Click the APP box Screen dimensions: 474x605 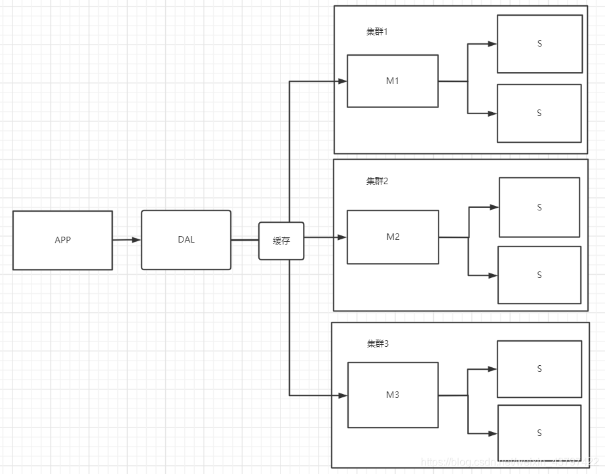coord(62,240)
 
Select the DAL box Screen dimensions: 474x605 coord(186,239)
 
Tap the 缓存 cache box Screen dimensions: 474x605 coord(281,241)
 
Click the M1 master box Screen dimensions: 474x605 coord(393,81)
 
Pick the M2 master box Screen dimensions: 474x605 coord(393,237)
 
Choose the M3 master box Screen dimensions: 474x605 coord(393,395)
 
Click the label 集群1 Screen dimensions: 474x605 coord(377,31)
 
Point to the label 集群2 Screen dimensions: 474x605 coord(377,181)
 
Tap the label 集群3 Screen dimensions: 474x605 coord(378,343)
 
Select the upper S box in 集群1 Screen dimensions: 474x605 coord(539,44)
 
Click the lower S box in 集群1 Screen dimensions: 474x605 coord(539,113)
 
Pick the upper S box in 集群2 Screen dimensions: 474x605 coord(539,207)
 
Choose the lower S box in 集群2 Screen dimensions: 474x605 coord(539,275)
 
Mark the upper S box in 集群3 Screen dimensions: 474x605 coord(539,368)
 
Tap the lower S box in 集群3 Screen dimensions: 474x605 coord(539,433)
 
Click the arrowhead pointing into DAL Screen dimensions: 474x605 coord(136,240)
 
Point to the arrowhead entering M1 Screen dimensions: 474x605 coord(342,81)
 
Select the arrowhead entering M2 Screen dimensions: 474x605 coord(342,237)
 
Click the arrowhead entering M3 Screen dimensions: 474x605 coord(342,395)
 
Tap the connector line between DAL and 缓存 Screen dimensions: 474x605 coord(244,240)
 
